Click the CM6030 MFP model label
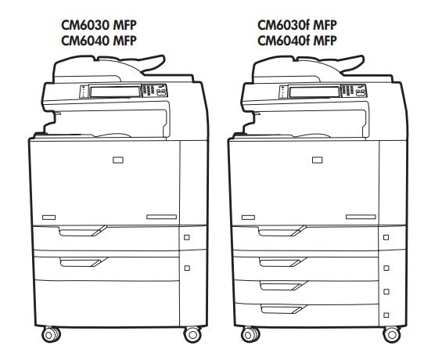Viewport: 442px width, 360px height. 99,25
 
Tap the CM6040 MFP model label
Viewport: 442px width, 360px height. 99,41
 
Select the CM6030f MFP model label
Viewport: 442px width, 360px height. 296,25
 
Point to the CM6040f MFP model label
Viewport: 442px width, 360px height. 296,41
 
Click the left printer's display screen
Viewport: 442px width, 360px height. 115,91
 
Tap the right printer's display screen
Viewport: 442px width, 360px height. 314,91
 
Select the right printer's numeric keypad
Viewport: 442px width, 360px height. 348,90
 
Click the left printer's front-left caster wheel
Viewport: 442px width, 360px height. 51,335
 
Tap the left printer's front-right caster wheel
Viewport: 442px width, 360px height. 192,335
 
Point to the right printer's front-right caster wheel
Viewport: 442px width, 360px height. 392,335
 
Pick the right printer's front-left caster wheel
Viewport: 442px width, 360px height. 250,335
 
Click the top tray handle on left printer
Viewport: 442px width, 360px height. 82,231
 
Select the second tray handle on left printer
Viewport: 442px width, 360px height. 83,262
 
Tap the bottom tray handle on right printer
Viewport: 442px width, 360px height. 283,309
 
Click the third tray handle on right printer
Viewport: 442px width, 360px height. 283,286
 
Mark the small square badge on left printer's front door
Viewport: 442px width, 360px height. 118,160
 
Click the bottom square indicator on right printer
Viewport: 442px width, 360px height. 386,315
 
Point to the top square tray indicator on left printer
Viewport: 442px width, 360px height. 187,237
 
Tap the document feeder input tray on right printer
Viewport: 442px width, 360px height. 351,64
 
